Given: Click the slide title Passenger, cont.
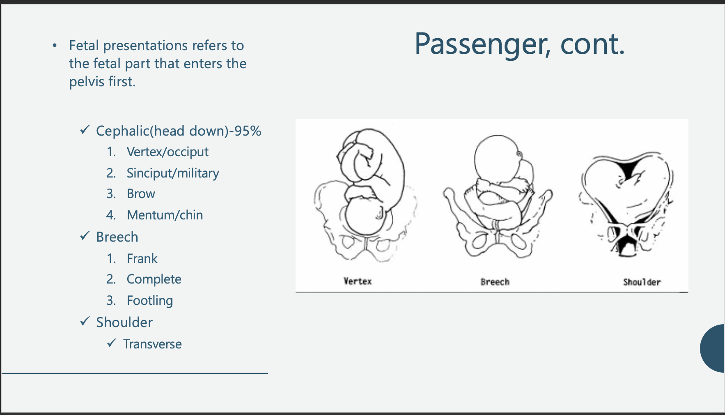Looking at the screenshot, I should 519,44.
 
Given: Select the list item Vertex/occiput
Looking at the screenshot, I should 167,152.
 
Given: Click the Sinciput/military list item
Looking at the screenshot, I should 173,173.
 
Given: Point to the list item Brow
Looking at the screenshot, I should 141,194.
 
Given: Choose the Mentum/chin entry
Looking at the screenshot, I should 165,215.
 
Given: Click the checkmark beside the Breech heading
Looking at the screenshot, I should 85,236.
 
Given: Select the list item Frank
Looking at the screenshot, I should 142,258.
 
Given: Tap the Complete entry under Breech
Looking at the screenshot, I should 154,279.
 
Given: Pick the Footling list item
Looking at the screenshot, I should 150,301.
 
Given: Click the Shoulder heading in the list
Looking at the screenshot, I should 124,323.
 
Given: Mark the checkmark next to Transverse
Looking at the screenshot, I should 112,343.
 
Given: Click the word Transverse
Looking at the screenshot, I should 152,344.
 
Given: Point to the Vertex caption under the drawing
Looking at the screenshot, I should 358,281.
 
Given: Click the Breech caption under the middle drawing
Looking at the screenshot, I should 495,282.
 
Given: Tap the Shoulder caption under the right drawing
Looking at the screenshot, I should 642,282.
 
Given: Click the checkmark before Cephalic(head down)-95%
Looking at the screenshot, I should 85,130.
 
